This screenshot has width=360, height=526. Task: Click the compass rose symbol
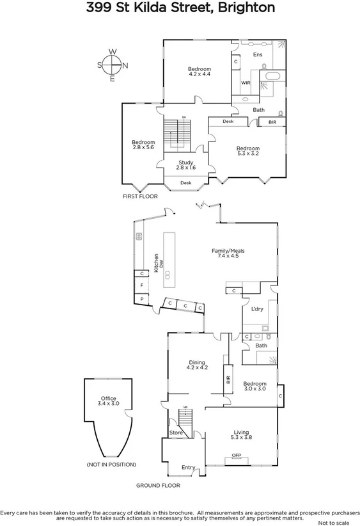[x=113, y=65]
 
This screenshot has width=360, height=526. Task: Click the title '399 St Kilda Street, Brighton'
[x=180, y=8]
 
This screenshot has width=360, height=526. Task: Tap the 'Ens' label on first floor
[x=258, y=55]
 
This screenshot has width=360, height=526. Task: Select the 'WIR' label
[x=245, y=83]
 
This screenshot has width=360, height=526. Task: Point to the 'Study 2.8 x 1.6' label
[x=186, y=165]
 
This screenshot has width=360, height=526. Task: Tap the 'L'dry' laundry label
[x=257, y=309]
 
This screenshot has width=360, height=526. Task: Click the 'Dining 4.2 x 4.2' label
[x=197, y=365]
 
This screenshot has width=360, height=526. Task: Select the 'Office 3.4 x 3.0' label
[x=108, y=401]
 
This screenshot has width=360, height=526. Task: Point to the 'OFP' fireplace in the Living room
[x=237, y=456]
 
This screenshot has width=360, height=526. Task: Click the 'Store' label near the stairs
[x=176, y=433]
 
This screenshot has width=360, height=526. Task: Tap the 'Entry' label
[x=188, y=468]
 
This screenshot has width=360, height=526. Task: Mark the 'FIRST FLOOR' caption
[x=140, y=197]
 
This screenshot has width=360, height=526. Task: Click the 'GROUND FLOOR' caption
[x=158, y=486]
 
